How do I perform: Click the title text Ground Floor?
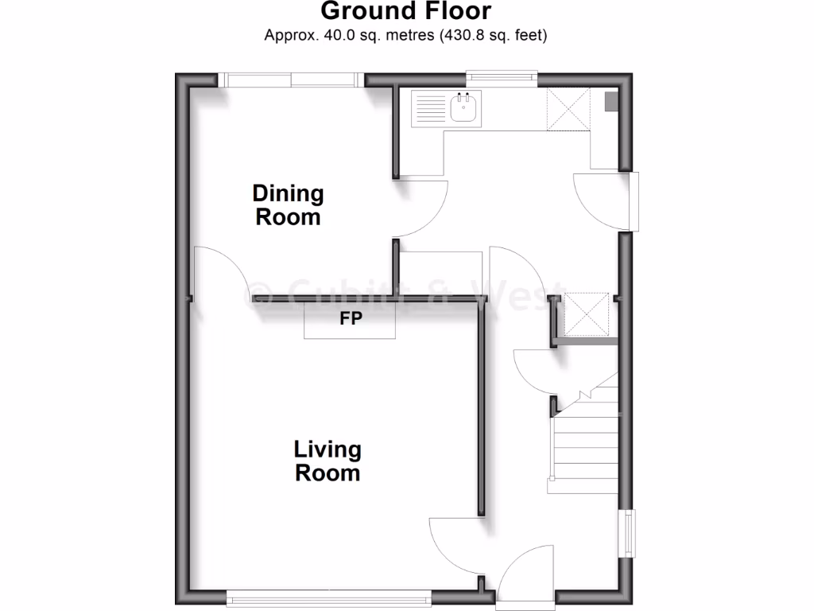click(406, 11)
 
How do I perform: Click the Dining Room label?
click(288, 204)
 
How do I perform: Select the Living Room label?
click(328, 461)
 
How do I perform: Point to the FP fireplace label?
click(351, 319)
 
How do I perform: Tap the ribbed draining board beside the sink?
click(430, 108)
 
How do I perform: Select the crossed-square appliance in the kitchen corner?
click(568, 109)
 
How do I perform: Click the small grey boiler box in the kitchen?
click(610, 101)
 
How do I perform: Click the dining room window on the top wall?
click(290, 80)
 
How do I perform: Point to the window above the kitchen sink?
click(501, 78)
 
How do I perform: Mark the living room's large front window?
click(328, 594)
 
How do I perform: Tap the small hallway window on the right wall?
click(628, 534)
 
